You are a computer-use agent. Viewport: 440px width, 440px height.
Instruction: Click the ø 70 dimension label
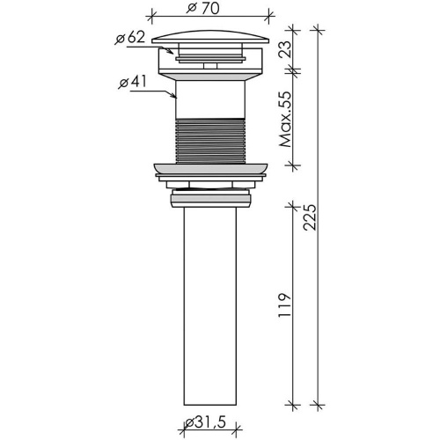203,8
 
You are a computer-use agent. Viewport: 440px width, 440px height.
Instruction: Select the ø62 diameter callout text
130,38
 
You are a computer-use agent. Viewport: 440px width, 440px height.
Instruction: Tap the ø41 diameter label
132,82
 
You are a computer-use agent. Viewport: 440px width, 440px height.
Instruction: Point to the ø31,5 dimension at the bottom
205,423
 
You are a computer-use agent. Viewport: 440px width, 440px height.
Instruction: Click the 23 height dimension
285,48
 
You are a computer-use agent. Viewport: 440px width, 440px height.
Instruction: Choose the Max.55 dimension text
285,120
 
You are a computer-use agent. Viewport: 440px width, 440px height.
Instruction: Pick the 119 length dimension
285,304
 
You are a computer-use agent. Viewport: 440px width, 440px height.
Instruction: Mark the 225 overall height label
310,217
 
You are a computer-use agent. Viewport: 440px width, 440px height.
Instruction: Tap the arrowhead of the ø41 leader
173,95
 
